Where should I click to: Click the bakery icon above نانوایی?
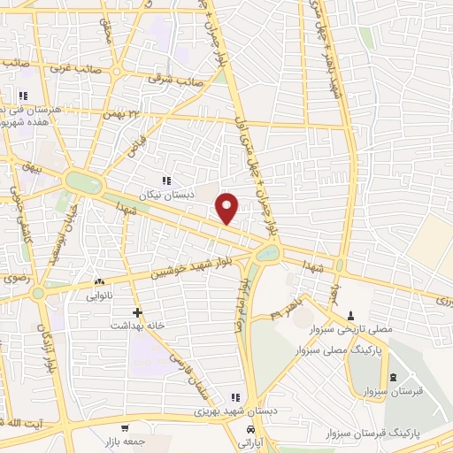pyautogui.click(x=96, y=282)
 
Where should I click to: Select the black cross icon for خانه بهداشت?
pyautogui.click(x=137, y=312)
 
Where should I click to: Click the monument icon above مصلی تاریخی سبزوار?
pyautogui.click(x=351, y=316)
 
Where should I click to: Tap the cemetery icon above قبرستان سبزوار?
pyautogui.click(x=393, y=377)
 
